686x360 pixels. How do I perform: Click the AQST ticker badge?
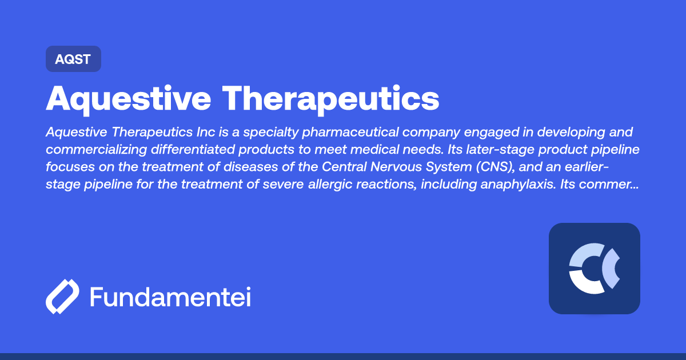[73, 59]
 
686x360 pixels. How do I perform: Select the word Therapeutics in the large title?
[331, 99]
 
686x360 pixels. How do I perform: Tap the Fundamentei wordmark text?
[170, 297]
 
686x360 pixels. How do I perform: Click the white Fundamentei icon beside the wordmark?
[62, 297]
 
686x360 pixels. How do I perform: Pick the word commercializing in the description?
[97, 150]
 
